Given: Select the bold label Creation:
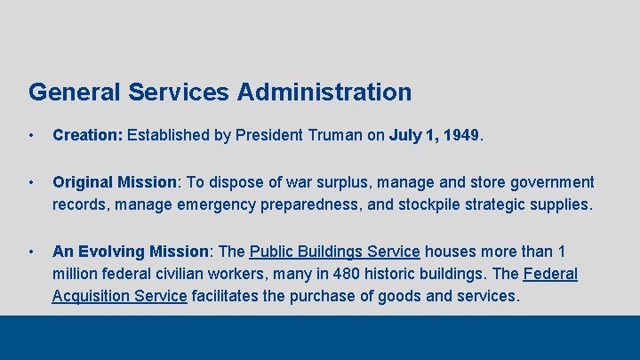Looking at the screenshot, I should [88, 136].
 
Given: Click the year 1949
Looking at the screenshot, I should [460, 136].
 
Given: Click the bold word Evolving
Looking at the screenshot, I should [110, 252].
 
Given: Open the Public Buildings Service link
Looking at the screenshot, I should [334, 252].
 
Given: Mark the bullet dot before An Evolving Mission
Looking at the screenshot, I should [31, 252].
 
